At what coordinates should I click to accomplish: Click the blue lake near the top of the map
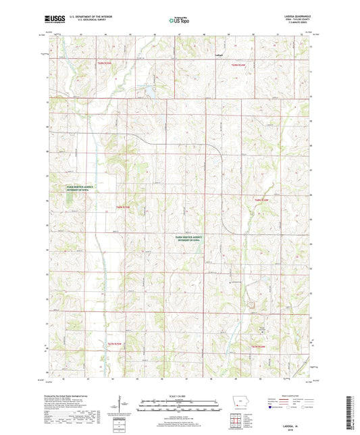[147, 88]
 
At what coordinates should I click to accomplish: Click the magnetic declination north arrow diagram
[123, 405]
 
